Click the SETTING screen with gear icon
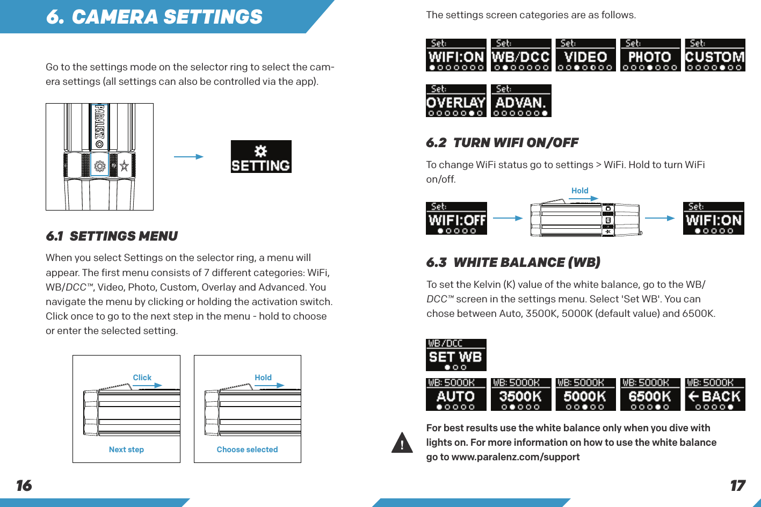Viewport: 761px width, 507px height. (261, 157)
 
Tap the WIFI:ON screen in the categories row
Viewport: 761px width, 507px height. (456, 55)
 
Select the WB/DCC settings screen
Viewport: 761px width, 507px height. (521, 55)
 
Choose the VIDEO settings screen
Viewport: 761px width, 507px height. (585, 55)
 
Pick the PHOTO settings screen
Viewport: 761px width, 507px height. (650, 55)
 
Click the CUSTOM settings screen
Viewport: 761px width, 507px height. (715, 55)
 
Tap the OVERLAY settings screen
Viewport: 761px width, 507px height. (456, 101)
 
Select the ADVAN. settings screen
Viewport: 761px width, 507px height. (521, 101)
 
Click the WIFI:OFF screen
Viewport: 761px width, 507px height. (456, 219)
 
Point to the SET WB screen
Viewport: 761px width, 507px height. (456, 355)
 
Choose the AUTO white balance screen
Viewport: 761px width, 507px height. (456, 395)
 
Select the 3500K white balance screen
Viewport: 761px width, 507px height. (521, 395)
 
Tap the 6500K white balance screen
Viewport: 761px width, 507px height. (650, 395)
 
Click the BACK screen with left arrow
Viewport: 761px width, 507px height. (715, 395)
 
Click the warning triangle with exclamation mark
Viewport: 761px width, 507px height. (402, 443)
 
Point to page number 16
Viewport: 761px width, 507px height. (24, 486)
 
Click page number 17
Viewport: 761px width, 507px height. (737, 486)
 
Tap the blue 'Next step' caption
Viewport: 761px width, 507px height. (126, 450)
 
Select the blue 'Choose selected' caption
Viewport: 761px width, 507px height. (247, 450)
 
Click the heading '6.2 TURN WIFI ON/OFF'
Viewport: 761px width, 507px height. (502, 143)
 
